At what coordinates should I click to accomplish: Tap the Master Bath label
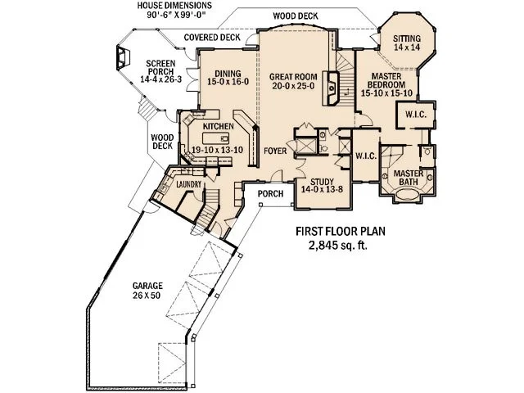pyautogui.click(x=407, y=178)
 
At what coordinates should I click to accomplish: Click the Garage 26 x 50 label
pyautogui.click(x=147, y=291)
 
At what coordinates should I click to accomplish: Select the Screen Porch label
pyautogui.click(x=159, y=73)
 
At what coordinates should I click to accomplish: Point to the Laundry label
pyautogui.click(x=189, y=186)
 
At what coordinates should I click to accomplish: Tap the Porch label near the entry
pyautogui.click(x=270, y=195)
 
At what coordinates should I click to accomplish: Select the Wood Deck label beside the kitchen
pyautogui.click(x=161, y=142)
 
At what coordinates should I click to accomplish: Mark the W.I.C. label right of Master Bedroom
pyautogui.click(x=416, y=115)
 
